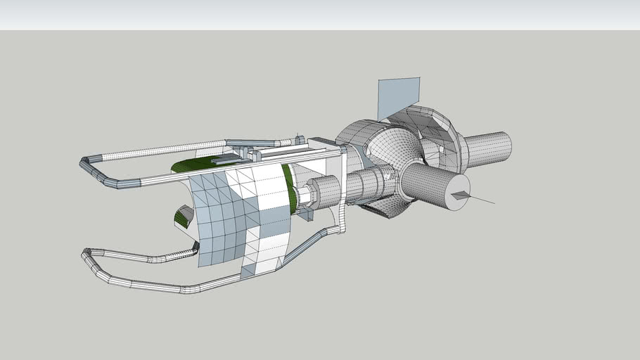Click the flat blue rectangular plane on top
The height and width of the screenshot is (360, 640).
pos(399,96)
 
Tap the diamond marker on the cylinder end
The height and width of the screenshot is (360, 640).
pos(460,195)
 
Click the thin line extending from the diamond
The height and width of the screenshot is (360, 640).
pos(482,200)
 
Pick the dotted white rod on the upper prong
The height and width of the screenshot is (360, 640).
pos(155,150)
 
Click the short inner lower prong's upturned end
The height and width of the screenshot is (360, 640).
pos(194,248)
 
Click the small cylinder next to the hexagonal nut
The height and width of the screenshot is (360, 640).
pos(324,191)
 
